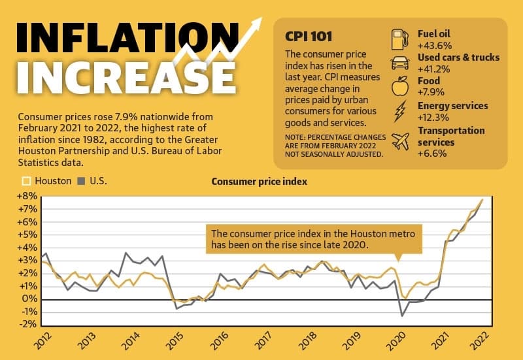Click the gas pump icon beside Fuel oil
pyautogui.click(x=400, y=39)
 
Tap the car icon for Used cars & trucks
pyautogui.click(x=400, y=63)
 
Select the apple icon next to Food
pyautogui.click(x=400, y=86)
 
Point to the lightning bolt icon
pyautogui.click(x=400, y=111)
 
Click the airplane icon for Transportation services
pyautogui.click(x=400, y=141)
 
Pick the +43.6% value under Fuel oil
pyautogui.click(x=435, y=45)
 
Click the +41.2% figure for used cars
pyautogui.click(x=433, y=69)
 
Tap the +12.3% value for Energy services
pyautogui.click(x=433, y=118)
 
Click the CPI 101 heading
pyautogui.click(x=309, y=37)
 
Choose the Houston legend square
pyautogui.click(x=26, y=181)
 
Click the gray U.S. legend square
pyautogui.click(x=81, y=181)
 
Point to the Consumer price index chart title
pyautogui.click(x=259, y=182)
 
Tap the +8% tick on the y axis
pyautogui.click(x=27, y=196)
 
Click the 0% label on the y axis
pyautogui.click(x=29, y=299)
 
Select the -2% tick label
pyautogui.click(x=27, y=323)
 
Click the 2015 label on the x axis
pyautogui.click(x=175, y=340)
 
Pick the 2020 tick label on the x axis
pyautogui.click(x=396, y=340)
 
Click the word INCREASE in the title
pyautogui.click(x=126, y=77)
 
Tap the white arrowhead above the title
pyautogui.click(x=256, y=24)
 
